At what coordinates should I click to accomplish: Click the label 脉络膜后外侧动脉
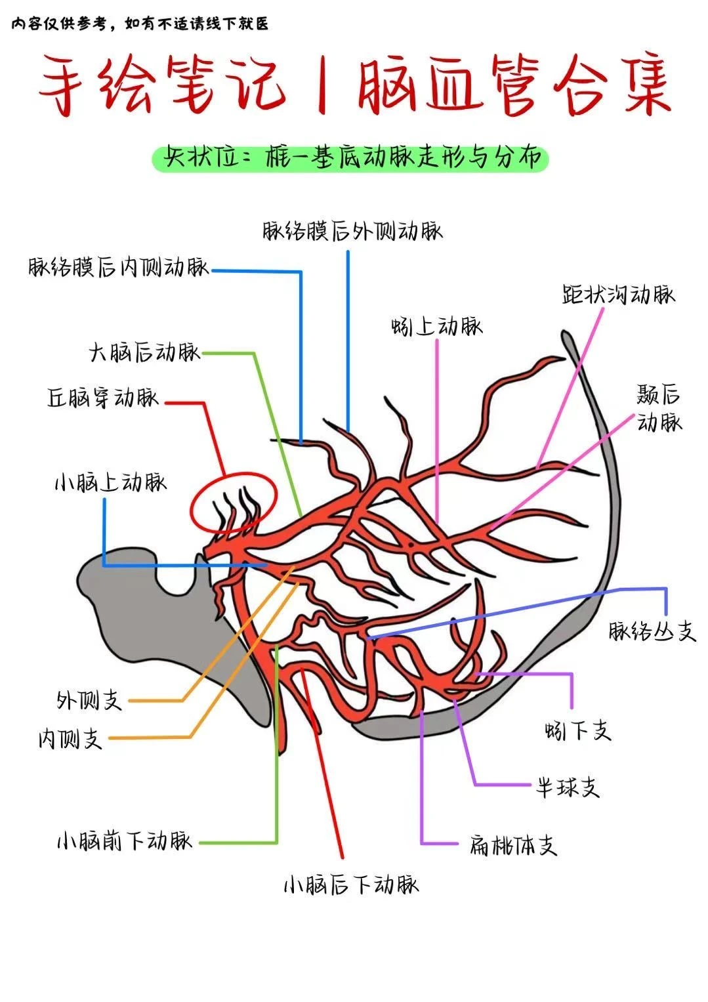[352, 231]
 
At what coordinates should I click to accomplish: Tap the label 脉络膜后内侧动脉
[119, 268]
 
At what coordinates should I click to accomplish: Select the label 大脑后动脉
[144, 353]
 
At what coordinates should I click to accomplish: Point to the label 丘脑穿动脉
[103, 398]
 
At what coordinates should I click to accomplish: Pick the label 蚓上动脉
[436, 326]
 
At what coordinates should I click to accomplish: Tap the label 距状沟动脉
[619, 294]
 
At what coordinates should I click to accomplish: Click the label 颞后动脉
[659, 408]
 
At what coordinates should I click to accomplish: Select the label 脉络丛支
[652, 631]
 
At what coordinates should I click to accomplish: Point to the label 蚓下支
[577, 730]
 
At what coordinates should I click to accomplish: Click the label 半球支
[568, 787]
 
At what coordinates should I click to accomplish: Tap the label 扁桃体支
[513, 845]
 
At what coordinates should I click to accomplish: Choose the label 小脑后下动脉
[351, 885]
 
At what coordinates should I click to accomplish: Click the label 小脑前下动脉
[125, 841]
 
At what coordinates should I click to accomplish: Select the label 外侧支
[90, 700]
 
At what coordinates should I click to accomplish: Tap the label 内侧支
[70, 740]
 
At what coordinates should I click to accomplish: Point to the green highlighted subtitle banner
[350, 158]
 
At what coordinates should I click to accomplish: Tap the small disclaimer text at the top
[140, 24]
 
